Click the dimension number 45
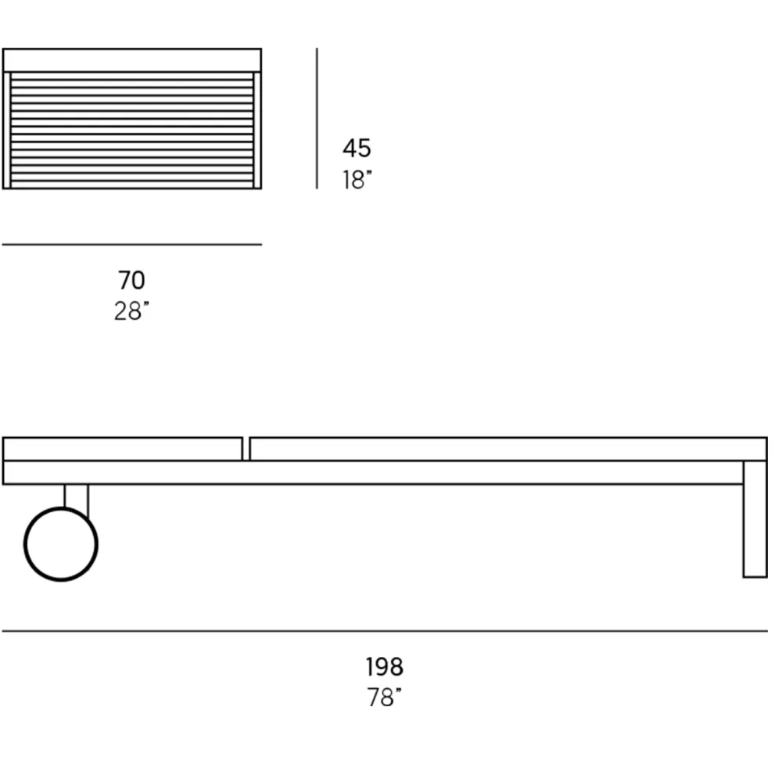[357, 148]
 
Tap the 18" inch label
[357, 180]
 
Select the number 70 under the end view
[131, 280]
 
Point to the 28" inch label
[131, 311]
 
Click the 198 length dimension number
[385, 667]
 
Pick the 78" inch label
[385, 698]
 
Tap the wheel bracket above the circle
[77, 497]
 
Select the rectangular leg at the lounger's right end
[755, 519]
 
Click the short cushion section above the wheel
[123, 449]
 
